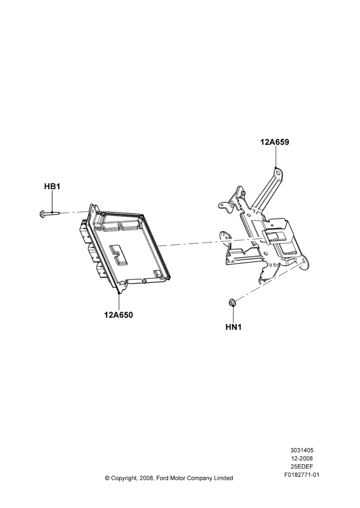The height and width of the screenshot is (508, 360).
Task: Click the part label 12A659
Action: pyautogui.click(x=275, y=142)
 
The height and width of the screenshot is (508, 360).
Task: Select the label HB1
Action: pyautogui.click(x=52, y=186)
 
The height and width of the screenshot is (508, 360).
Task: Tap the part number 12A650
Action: pyautogui.click(x=118, y=314)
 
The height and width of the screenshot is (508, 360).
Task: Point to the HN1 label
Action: pyautogui.click(x=233, y=327)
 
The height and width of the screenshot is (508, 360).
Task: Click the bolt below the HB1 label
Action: pyautogui.click(x=49, y=213)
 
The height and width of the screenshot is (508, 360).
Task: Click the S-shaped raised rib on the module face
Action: pyautogui.click(x=118, y=254)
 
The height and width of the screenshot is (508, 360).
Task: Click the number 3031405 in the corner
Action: pyautogui.click(x=302, y=450)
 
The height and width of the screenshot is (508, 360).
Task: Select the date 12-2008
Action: pyautogui.click(x=302, y=458)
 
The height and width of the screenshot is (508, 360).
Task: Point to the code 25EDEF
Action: pyautogui.click(x=302, y=467)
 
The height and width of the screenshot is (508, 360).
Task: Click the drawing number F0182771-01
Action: pyautogui.click(x=302, y=475)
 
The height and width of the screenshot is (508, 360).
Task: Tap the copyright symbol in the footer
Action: pyautogui.click(x=107, y=478)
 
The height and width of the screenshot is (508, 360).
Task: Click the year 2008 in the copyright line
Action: pyautogui.click(x=146, y=478)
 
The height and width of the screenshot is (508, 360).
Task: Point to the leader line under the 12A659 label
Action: pyautogui.click(x=276, y=157)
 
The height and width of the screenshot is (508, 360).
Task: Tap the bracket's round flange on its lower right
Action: pyautogui.click(x=304, y=263)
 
